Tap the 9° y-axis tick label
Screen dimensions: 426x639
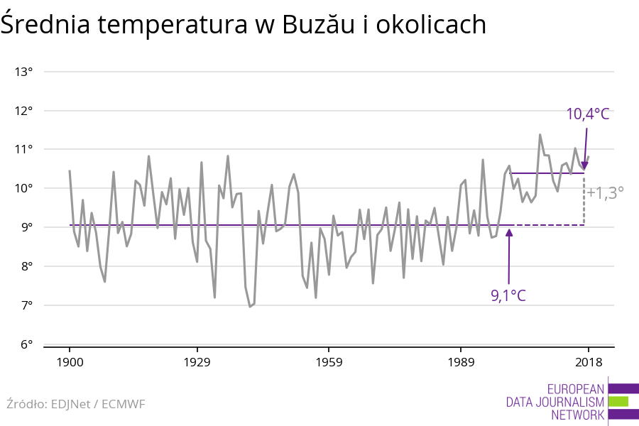point(27,227)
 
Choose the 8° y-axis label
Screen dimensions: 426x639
point(27,266)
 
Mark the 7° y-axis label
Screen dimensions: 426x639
point(27,305)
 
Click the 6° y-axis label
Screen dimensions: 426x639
point(27,344)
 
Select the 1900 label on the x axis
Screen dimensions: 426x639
point(70,363)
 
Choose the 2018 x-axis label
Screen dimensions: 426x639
point(588,363)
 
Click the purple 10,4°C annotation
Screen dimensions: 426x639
point(587,114)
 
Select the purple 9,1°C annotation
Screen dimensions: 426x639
point(508,295)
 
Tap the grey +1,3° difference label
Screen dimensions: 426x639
point(606,192)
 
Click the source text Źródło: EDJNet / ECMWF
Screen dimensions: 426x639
point(76,404)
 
